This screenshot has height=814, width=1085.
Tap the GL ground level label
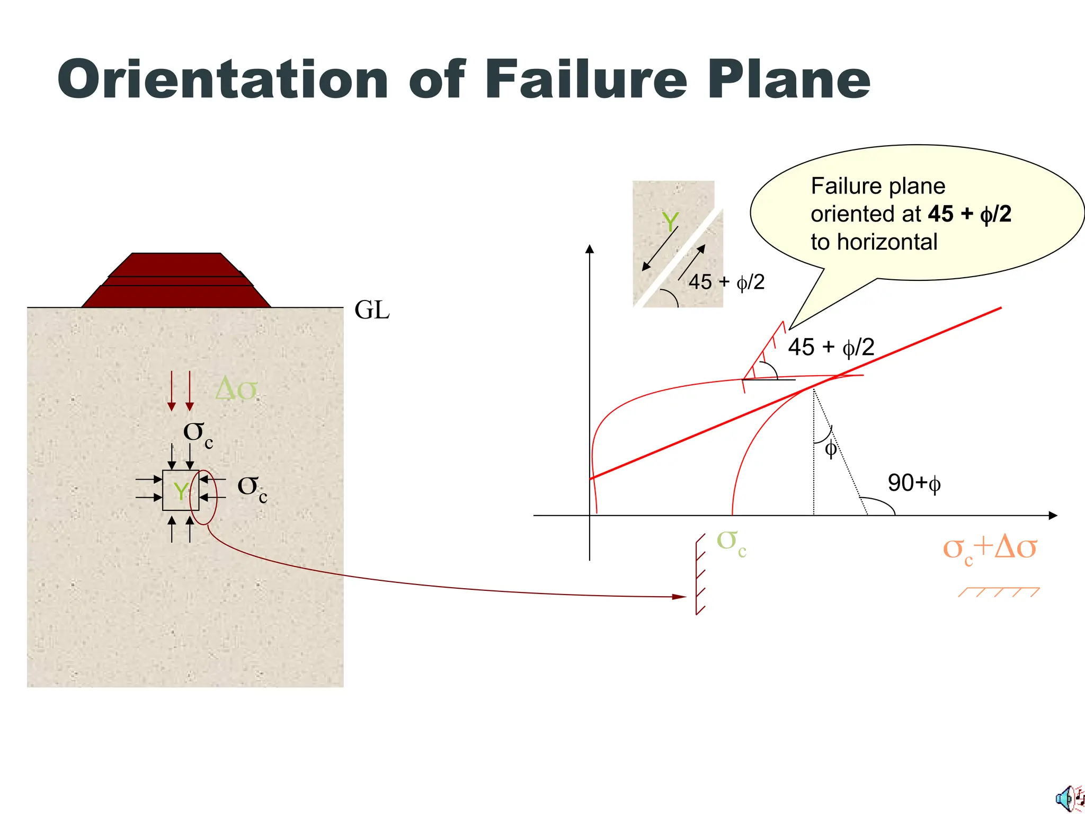click(372, 310)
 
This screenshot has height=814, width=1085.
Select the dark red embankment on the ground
click(176, 281)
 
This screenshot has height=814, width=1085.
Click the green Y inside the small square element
click(181, 491)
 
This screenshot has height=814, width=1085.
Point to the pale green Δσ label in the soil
click(236, 390)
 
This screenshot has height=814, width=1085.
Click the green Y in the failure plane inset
click(670, 222)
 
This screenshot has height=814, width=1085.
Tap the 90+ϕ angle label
click(914, 483)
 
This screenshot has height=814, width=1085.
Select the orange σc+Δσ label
click(989, 548)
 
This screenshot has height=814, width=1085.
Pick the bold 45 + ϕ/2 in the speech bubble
click(970, 214)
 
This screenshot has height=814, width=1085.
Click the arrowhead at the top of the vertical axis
click(590, 249)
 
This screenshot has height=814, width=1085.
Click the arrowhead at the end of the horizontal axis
click(1053, 515)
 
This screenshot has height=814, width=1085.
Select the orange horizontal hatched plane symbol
click(999, 592)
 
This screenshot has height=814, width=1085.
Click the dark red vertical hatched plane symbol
click(700, 574)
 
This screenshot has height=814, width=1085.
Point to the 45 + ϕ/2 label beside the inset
click(726, 282)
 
